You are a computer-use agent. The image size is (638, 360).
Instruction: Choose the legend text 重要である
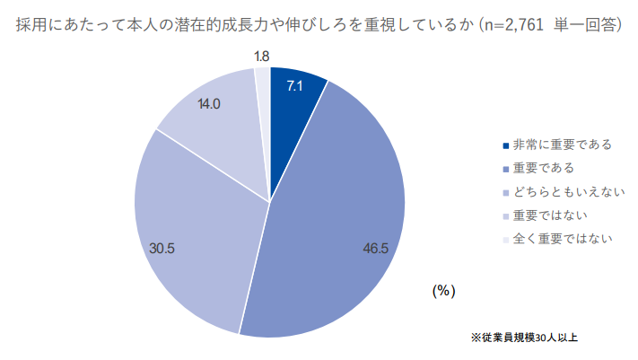[x=543, y=168]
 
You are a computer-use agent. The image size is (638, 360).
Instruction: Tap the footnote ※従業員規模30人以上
[x=524, y=338]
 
